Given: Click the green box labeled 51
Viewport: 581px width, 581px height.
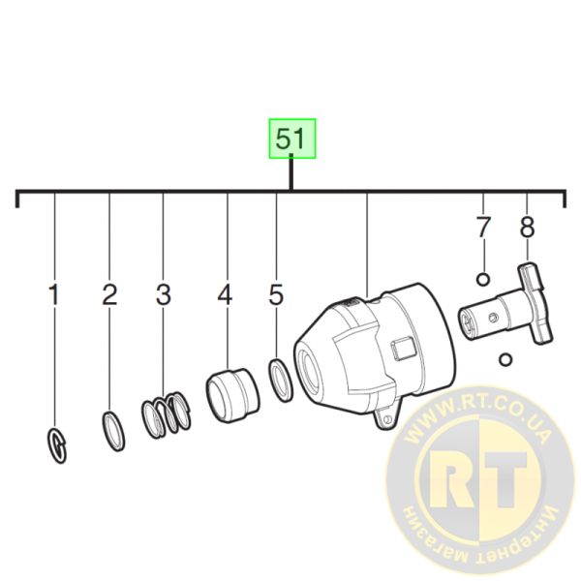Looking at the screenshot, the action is pos(292,138).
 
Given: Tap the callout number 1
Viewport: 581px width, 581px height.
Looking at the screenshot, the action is pos(54,295).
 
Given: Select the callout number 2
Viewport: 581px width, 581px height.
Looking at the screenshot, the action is pos(109,295).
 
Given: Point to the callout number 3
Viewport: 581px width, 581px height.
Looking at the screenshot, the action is pos(164,295).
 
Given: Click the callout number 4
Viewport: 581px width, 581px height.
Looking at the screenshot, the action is pos(225,295).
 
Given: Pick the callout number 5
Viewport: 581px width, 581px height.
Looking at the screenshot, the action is pos(276,295).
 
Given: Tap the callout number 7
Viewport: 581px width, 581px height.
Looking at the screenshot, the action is pos(483,227).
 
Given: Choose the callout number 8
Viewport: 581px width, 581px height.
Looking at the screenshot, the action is pos(528,227).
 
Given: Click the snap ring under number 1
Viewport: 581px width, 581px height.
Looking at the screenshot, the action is pos(56,445).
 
